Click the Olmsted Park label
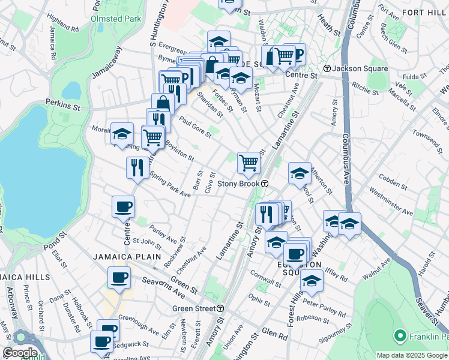(x=115, y=19)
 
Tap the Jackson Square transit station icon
(x=327, y=68)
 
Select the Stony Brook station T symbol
(x=264, y=184)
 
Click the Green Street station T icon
(x=220, y=308)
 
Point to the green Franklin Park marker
(x=399, y=335)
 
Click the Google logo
(x=20, y=353)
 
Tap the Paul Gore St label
(x=194, y=127)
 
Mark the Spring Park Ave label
(x=170, y=185)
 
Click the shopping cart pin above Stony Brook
(x=249, y=162)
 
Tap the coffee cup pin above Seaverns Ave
(x=119, y=277)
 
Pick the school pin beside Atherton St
(x=300, y=173)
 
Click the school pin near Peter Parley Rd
(x=312, y=280)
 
